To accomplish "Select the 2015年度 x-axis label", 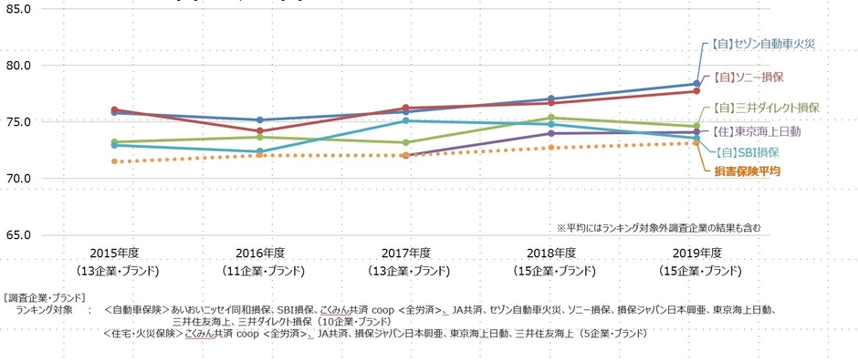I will pos(114,253).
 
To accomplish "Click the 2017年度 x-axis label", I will pos(406,253).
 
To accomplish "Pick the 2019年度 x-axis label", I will pos(698,253).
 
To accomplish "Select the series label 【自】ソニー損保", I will pos(752,78).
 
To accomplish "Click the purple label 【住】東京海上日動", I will pos(756,132).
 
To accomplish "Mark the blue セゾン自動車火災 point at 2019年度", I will pos(697,84).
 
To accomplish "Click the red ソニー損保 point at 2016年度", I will pos(260,131).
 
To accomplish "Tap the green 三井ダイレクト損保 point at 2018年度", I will pos(551,118).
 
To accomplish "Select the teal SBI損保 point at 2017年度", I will pos(406,120).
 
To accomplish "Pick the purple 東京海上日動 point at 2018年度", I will pos(551,133).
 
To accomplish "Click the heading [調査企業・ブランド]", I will pos(45,298).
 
